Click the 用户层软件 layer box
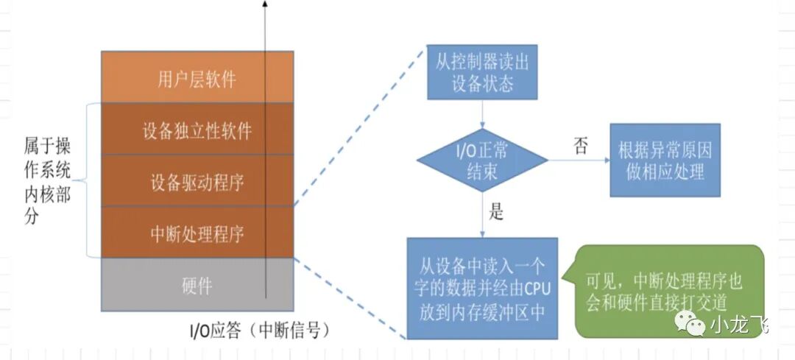(x=197, y=77)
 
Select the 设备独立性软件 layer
(x=197, y=130)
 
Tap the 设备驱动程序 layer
(x=197, y=181)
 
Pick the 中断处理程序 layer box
(x=197, y=233)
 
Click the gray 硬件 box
(x=197, y=284)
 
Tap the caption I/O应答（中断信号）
(x=255, y=330)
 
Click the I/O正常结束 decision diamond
(x=482, y=162)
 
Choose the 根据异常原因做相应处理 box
(x=665, y=161)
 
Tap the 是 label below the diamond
(x=496, y=213)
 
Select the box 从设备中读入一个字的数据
(x=482, y=287)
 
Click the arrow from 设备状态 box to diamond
(x=482, y=114)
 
